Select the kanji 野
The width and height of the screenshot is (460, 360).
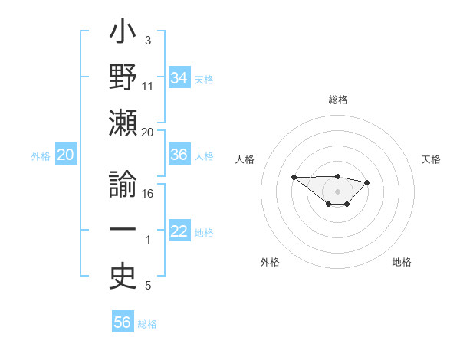[x=123, y=78]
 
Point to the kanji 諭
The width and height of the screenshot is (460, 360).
[x=123, y=185]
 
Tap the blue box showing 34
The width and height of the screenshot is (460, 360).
[x=179, y=77]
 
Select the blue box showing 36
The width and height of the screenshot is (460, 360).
[x=179, y=155]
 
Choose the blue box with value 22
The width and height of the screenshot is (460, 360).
[x=179, y=232]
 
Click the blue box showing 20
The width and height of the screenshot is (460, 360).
[x=65, y=155]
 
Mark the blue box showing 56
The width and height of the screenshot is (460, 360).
[x=123, y=323]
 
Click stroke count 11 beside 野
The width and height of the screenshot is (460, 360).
[x=148, y=86]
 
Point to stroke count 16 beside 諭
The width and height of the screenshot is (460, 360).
[x=148, y=193]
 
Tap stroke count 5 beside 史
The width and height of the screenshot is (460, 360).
[x=148, y=286]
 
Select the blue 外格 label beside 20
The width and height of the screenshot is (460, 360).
[x=41, y=156]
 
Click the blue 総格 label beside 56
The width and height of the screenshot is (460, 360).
[x=147, y=324]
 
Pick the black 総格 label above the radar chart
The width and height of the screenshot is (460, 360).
[x=338, y=100]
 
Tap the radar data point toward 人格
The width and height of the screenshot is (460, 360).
[x=294, y=177]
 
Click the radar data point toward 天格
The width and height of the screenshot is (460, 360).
[x=366, y=182]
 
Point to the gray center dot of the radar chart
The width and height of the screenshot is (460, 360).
[x=338, y=191]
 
